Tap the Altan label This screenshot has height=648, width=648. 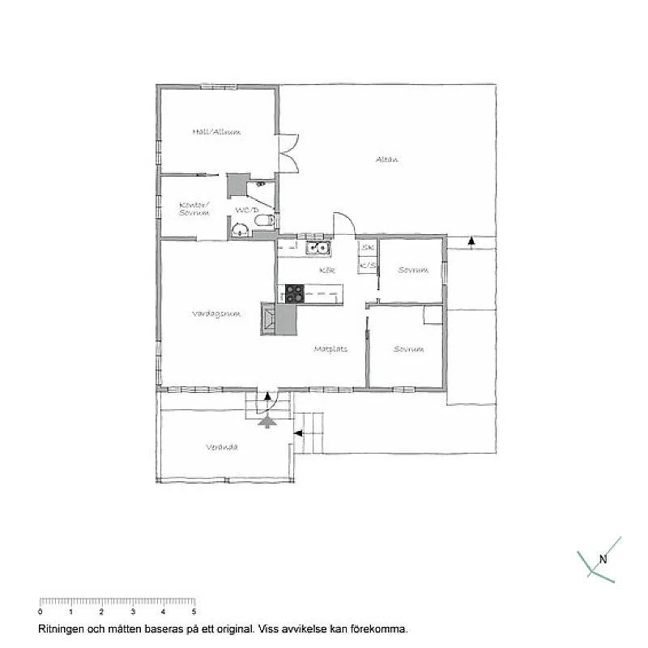click(386, 160)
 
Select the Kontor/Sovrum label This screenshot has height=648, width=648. click(194, 208)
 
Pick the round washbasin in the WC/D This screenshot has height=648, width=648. click(239, 229)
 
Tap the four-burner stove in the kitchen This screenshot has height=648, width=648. click(294, 293)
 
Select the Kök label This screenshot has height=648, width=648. click(327, 270)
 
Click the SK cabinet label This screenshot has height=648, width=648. click(368, 247)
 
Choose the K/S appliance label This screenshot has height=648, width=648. click(369, 265)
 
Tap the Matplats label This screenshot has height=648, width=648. click(330, 350)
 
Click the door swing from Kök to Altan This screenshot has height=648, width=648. click(343, 223)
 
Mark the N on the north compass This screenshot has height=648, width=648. click(602, 558)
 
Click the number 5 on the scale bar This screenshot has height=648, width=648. click(194, 612)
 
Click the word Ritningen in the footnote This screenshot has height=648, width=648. click(61, 628)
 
